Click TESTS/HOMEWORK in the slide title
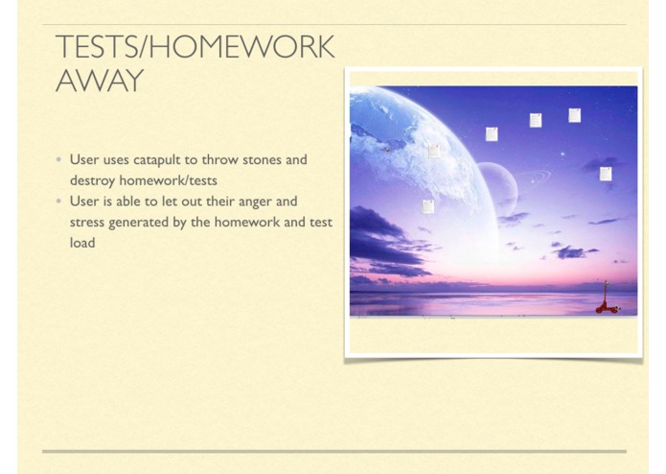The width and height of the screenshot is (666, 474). click(195, 47)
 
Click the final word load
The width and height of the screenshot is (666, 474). click(82, 243)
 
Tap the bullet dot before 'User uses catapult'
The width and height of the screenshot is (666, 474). click(59, 160)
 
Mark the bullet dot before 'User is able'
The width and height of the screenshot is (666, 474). click(59, 201)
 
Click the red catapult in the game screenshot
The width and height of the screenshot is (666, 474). click(606, 299)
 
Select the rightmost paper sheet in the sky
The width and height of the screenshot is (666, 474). click(606, 174)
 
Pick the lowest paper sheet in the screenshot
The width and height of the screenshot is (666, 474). click(428, 206)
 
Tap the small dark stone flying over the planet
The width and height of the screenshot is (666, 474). click(387, 149)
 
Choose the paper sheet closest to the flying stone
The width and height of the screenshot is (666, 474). click(434, 151)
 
